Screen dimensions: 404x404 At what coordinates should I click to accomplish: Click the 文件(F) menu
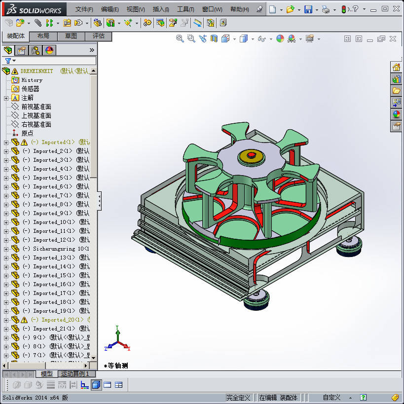click(x=84, y=9)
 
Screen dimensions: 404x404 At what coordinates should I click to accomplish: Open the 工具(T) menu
click(x=185, y=9)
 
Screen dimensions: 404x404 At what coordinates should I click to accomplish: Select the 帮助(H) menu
click(x=239, y=9)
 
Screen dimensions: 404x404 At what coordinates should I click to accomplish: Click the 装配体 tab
click(x=16, y=36)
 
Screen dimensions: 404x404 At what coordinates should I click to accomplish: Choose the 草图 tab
click(x=71, y=36)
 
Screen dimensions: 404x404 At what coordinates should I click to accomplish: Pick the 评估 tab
click(x=98, y=36)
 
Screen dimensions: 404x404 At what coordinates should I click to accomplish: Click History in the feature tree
click(x=32, y=80)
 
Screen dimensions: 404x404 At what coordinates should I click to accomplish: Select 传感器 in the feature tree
click(x=30, y=89)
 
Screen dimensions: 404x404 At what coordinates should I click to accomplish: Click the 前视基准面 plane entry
click(x=36, y=107)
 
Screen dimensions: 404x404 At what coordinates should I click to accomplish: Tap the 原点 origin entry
click(x=27, y=133)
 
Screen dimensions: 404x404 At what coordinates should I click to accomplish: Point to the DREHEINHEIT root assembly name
click(x=37, y=71)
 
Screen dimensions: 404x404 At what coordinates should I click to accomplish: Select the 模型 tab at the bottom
click(x=46, y=374)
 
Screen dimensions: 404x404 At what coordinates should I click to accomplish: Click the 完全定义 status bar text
click(x=239, y=398)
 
